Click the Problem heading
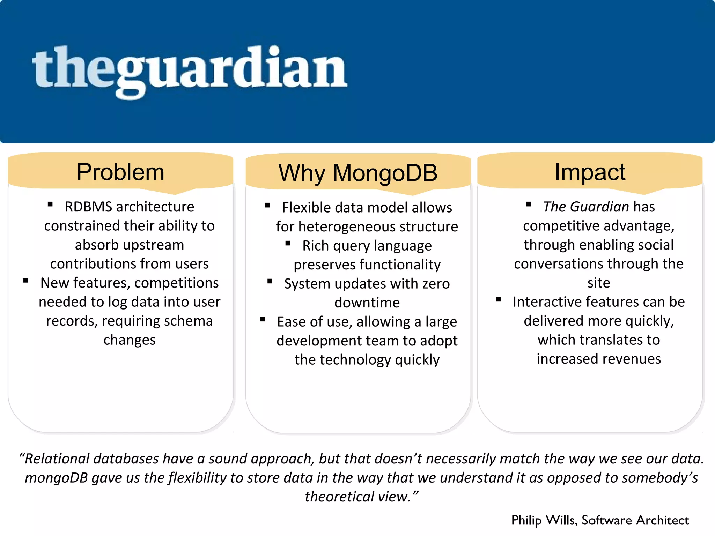pos(120,172)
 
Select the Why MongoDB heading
pos(358,173)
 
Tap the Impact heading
pos(590,172)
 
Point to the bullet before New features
pos(26,281)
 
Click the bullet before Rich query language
pos(288,244)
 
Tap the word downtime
pos(367,303)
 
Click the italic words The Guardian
pos(586,207)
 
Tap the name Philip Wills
pos(544,520)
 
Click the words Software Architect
pos(635,520)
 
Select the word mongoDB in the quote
pos(56,478)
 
